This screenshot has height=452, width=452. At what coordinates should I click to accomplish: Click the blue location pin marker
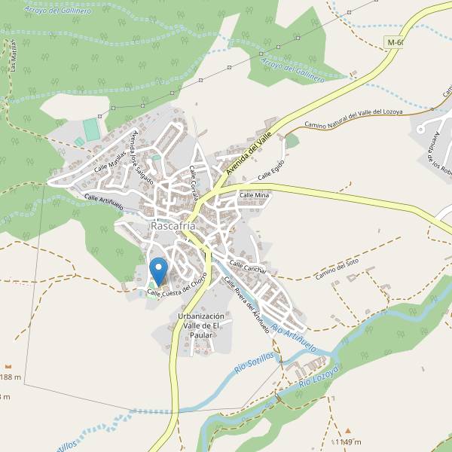pyautogui.click(x=158, y=270)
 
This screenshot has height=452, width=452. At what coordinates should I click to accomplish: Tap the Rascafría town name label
pyautogui.click(x=173, y=225)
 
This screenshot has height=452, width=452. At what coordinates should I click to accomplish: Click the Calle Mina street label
pyautogui.click(x=254, y=195)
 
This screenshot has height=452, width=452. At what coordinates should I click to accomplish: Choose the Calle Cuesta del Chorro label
pyautogui.click(x=177, y=287)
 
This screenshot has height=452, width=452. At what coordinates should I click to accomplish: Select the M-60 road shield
pyautogui.click(x=394, y=42)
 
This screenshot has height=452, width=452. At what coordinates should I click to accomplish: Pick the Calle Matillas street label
pyautogui.click(x=110, y=160)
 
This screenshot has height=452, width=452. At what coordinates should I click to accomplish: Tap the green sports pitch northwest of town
pyautogui.click(x=92, y=129)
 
